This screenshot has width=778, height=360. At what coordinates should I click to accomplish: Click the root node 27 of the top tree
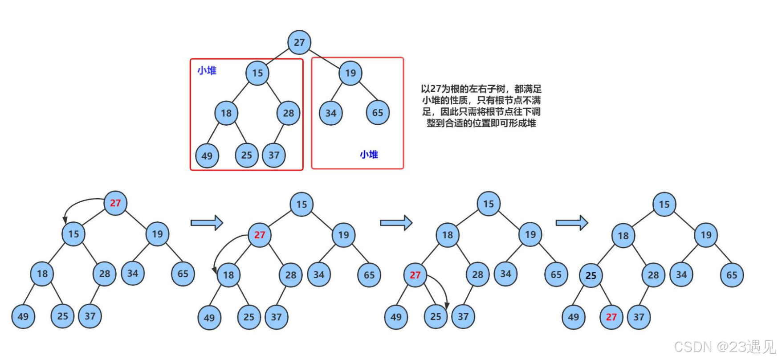299,42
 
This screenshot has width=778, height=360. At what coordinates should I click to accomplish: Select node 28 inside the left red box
288,113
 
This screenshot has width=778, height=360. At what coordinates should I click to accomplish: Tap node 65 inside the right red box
378,113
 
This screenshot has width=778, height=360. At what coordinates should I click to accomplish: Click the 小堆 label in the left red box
207,70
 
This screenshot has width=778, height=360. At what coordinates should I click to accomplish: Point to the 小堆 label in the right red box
369,155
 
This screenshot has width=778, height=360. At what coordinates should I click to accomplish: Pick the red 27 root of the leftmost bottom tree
115,203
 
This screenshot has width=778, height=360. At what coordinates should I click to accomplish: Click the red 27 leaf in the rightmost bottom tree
611,317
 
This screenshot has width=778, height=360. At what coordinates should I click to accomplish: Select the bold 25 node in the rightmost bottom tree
591,275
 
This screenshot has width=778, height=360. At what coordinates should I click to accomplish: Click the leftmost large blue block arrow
207,223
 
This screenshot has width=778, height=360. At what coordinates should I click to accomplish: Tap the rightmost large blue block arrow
572,222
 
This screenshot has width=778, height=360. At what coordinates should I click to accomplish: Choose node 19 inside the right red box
350,73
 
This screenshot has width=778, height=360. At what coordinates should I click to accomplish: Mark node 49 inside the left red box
207,156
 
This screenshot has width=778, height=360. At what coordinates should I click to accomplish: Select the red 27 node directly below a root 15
260,235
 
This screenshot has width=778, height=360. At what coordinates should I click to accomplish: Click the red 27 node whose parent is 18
415,275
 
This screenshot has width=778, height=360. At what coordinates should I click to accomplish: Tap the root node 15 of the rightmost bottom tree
664,205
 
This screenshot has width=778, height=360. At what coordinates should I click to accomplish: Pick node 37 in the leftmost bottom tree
90,316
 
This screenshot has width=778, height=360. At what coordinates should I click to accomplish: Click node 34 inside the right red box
331,113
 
